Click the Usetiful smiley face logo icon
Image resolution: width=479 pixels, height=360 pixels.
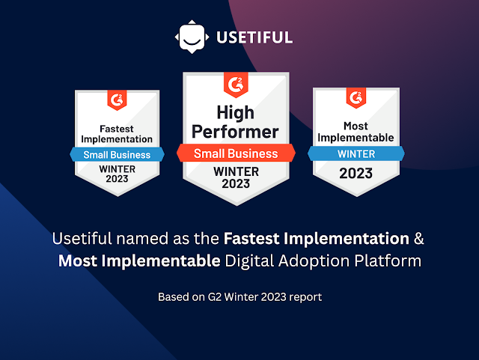(x=192, y=37)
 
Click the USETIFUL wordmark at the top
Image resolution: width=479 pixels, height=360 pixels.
(x=254, y=37)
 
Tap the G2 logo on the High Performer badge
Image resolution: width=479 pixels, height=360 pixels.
(x=236, y=85)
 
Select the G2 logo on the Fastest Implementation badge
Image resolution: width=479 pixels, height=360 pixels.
(x=117, y=100)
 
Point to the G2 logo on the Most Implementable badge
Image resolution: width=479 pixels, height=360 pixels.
(x=356, y=98)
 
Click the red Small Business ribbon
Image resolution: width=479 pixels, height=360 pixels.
(x=236, y=153)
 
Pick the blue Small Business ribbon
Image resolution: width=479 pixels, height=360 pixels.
(x=117, y=155)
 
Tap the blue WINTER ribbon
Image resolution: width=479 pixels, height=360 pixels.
(x=356, y=153)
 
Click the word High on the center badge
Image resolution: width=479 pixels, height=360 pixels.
(x=236, y=113)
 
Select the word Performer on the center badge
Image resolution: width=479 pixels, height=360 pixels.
(x=235, y=132)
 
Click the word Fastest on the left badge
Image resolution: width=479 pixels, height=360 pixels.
(x=117, y=129)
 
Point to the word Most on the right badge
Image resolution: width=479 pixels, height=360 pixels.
(x=356, y=126)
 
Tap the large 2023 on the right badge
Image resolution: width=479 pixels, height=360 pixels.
(x=356, y=174)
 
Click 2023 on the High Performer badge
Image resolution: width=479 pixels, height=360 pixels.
(x=236, y=183)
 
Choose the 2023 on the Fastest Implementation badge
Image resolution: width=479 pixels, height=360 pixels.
(x=117, y=178)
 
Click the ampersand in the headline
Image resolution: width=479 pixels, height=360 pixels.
(x=419, y=238)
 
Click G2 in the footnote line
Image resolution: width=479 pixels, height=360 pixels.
(x=215, y=296)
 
